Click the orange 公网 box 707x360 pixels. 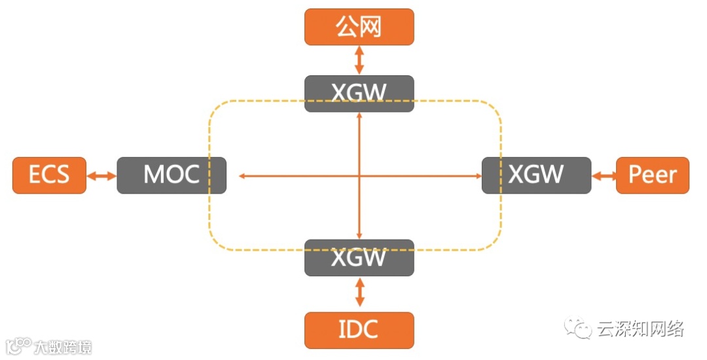point(359,27)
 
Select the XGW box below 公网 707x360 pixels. point(359,94)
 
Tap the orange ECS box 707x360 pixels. point(49,175)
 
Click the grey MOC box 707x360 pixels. point(172,175)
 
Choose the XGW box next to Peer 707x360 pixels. point(536,175)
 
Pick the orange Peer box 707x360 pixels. point(652,175)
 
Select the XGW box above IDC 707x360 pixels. point(359,257)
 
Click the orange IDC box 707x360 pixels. point(359,330)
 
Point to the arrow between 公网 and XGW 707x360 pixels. point(359,60)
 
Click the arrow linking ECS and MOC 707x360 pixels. point(101,175)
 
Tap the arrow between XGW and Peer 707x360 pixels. point(604,175)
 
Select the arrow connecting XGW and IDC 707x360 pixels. point(359,293)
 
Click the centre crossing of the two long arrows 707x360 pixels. point(359,175)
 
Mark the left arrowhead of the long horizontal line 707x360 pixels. point(241,175)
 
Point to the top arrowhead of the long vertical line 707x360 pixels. point(359,115)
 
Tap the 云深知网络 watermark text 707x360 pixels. point(640,329)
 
